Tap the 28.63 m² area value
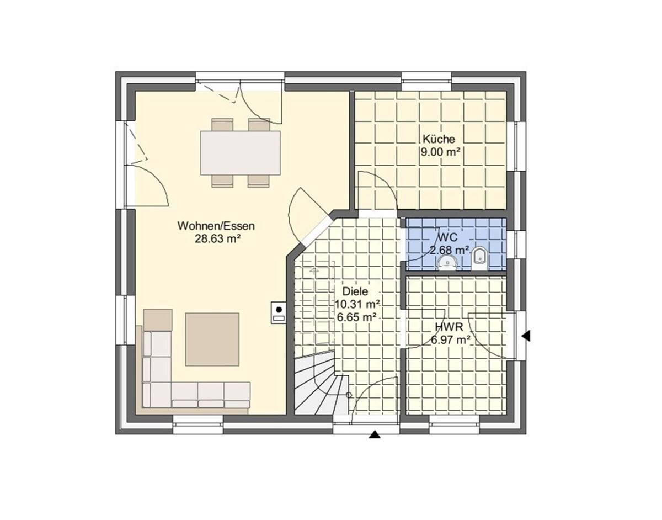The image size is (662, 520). (x=217, y=238)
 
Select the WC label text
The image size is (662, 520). (x=447, y=237)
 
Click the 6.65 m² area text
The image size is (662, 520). (x=356, y=317)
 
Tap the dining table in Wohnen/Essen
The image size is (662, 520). (x=240, y=152)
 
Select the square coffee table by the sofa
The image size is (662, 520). (x=212, y=339)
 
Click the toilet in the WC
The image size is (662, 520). (x=479, y=258)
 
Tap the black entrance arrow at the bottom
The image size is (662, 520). (x=375, y=435)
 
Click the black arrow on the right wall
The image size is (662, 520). (x=526, y=335)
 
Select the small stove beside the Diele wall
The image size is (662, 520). (x=279, y=313)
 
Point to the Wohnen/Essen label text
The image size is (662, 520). (x=216, y=226)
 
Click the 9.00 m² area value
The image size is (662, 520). (x=440, y=152)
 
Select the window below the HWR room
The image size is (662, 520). (x=455, y=424)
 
